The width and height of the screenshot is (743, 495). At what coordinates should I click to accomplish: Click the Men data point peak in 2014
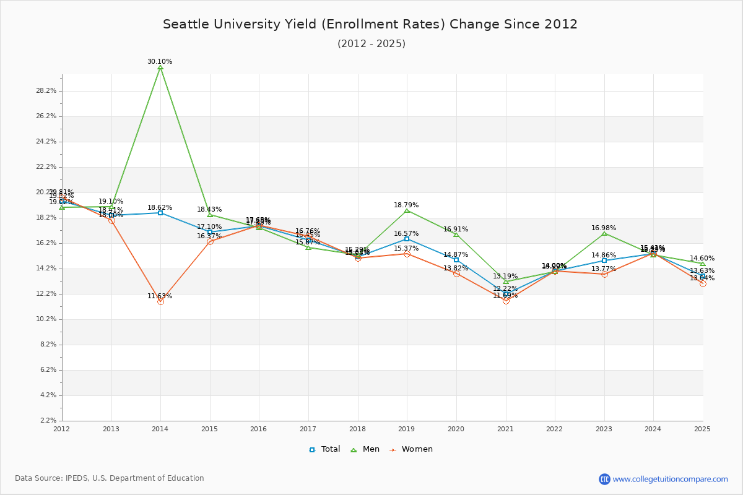[160, 67]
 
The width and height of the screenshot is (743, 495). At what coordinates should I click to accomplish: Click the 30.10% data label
[160, 61]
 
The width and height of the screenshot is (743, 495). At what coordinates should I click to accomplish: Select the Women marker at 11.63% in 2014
[160, 301]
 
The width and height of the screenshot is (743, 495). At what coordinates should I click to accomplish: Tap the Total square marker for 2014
[160, 213]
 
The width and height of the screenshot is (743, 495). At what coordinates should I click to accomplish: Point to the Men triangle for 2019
[407, 210]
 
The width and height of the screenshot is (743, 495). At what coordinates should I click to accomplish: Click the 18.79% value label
[406, 205]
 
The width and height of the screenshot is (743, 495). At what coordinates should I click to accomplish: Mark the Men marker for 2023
[604, 233]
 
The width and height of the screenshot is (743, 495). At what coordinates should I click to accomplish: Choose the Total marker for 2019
[407, 239]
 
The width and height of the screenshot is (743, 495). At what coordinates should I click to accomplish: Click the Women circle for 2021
[506, 301]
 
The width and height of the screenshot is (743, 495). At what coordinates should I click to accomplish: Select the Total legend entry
[324, 449]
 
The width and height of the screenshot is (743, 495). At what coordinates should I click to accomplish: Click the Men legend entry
[365, 449]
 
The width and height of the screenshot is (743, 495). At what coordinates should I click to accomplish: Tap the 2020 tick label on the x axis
[456, 428]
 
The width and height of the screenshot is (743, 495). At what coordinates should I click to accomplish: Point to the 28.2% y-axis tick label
[46, 91]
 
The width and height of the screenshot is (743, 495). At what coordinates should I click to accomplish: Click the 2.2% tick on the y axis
[48, 421]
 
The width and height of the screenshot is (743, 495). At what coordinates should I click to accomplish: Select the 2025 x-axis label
[702, 428]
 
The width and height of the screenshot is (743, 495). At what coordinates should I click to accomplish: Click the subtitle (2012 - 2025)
[371, 43]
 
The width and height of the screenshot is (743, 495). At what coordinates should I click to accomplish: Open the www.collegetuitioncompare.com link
[670, 479]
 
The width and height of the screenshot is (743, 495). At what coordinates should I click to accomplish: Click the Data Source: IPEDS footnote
[110, 478]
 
